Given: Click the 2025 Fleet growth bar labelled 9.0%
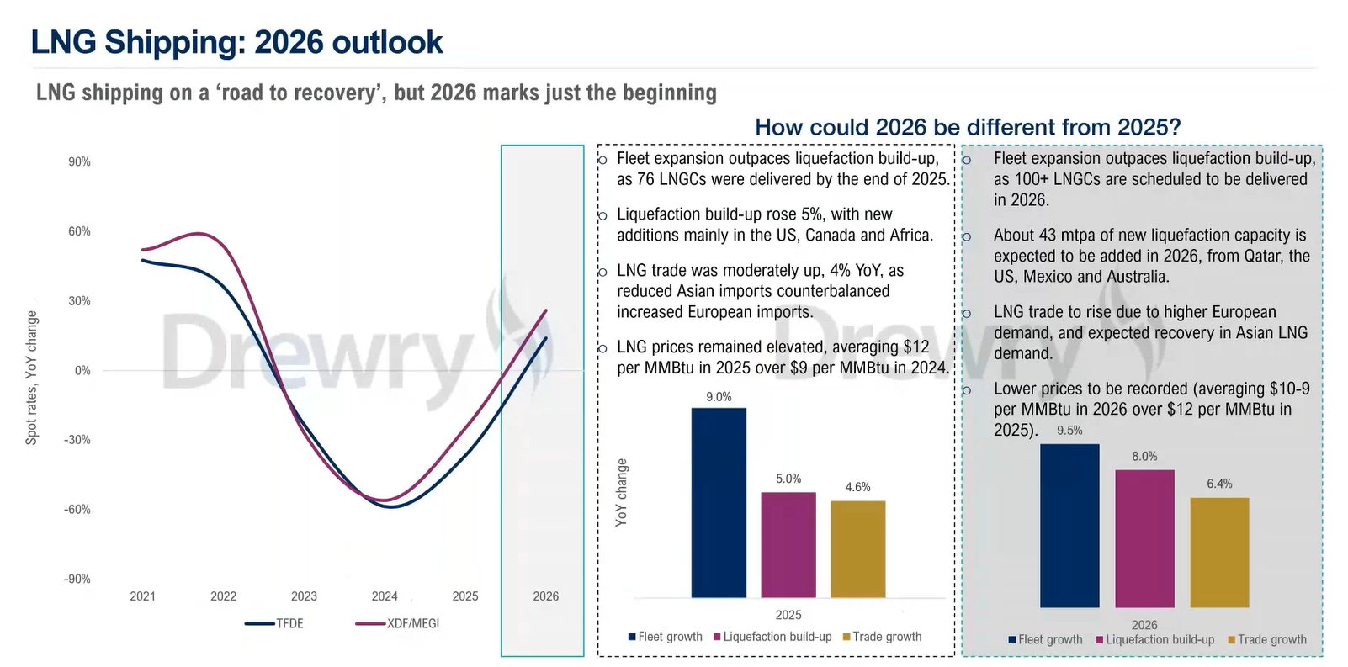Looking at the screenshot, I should tap(719, 502).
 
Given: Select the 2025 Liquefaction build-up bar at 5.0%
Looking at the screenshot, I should tap(788, 544).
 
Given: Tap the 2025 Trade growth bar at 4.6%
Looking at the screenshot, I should tap(857, 548).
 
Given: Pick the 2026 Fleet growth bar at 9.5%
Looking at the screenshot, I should tap(1069, 525).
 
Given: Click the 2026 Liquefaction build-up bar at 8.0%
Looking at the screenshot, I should tap(1144, 538).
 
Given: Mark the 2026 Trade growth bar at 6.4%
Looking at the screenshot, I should tap(1219, 552).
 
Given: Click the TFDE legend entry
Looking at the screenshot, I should tap(289, 623).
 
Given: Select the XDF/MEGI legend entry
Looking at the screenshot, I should tap(412, 623).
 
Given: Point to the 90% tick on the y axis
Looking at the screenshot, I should tap(80, 161).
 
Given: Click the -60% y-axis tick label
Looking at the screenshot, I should tap(77, 510).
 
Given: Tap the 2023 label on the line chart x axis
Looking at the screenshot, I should tap(304, 596).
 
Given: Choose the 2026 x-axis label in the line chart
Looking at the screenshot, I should tap(545, 596).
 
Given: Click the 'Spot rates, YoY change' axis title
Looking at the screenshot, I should tap(32, 378).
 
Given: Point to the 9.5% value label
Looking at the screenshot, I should tap(1069, 431).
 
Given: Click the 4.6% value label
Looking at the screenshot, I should tap(857, 487).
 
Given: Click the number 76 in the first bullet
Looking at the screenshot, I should tap(646, 179).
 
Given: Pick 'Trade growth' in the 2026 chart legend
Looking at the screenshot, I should tap(1271, 639).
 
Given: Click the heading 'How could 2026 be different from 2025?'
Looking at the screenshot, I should tap(968, 127).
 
